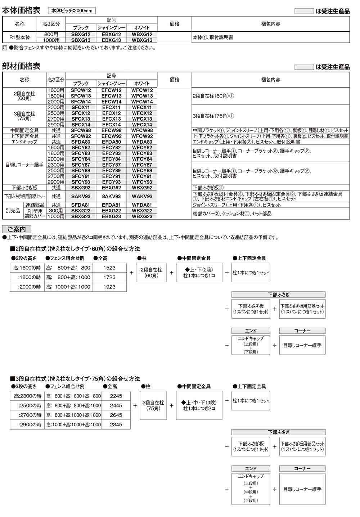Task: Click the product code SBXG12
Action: (81, 34)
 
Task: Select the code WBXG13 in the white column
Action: (142, 40)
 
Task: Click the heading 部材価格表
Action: (22, 66)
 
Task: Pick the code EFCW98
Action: (112, 130)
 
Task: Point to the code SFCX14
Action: (81, 125)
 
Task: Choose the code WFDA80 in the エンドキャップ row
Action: (142, 142)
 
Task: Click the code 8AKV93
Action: (112, 196)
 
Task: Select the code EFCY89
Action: (112, 170)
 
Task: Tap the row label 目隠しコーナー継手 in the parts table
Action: (24, 165)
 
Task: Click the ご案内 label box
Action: (17, 229)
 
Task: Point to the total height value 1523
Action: (109, 268)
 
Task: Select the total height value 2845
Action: (116, 424)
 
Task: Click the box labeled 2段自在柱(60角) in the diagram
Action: (151, 272)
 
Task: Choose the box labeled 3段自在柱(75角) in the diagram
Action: (153, 405)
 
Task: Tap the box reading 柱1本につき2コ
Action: (199, 405)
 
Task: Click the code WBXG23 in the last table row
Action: (142, 216)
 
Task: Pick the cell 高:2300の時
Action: (27, 396)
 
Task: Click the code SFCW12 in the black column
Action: (81, 90)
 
